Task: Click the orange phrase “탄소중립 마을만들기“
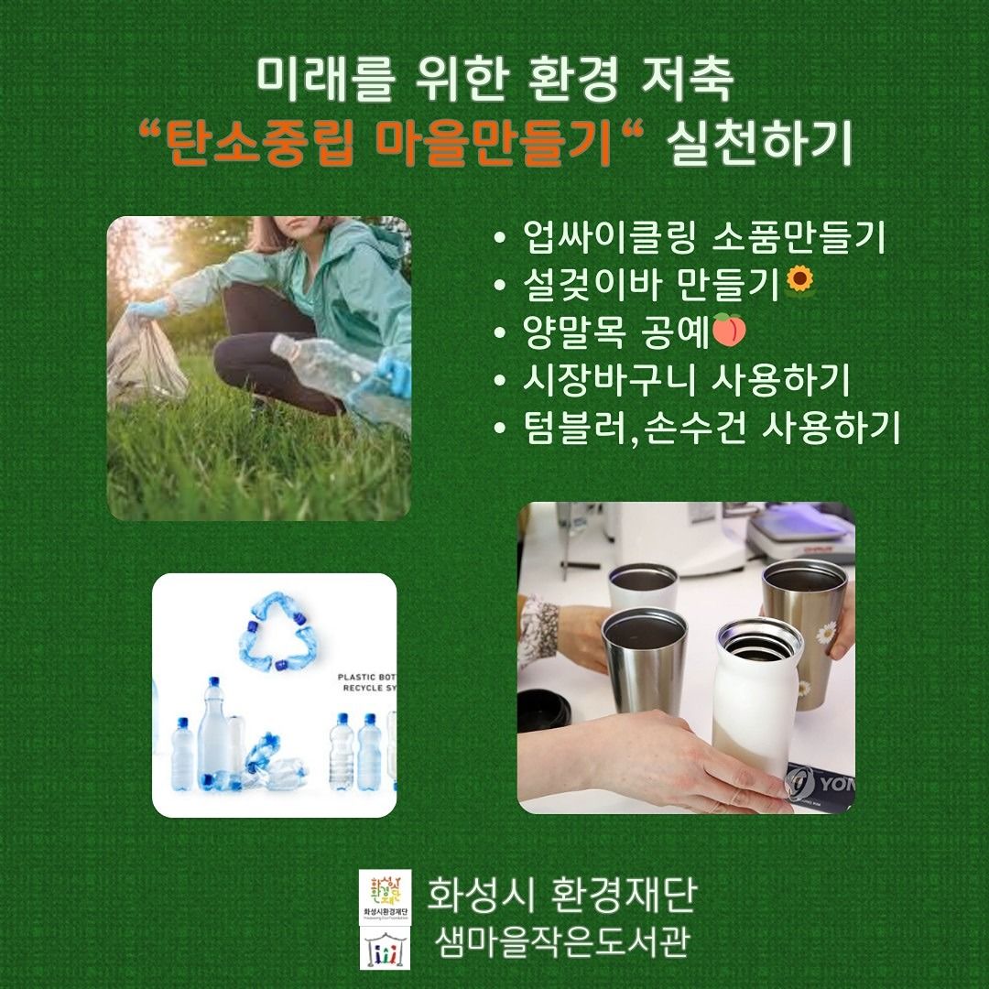point(390,144)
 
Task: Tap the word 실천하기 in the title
point(759,144)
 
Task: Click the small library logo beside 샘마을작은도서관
point(385,947)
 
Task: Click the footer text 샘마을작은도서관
point(560,941)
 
